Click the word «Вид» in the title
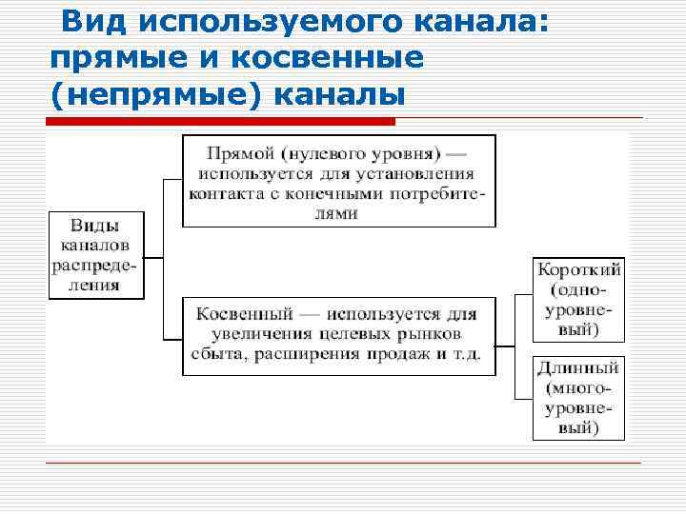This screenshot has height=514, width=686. click(x=90, y=21)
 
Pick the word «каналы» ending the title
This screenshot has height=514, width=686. click(x=340, y=96)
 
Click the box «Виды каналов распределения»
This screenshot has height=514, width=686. click(x=95, y=255)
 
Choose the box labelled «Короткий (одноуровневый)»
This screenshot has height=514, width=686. click(x=578, y=299)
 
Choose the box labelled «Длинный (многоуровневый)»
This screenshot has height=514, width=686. click(x=578, y=397)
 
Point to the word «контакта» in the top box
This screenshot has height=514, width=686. click(x=229, y=193)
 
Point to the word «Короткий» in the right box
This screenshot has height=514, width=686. click(x=578, y=269)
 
